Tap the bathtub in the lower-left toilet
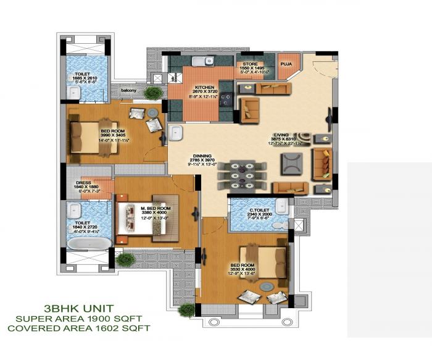pyautogui.click(x=86, y=243)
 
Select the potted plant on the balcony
pyautogui.click(x=154, y=93)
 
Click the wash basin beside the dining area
pyautogui.click(x=175, y=133)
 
